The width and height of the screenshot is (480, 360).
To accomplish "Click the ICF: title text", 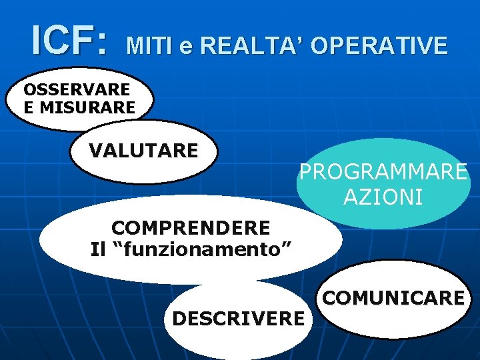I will click(68, 41).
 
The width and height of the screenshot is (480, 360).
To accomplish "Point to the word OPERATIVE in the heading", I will click(379, 45).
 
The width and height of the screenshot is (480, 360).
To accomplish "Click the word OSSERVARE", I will click(77, 89).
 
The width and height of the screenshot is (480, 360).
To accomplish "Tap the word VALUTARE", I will click(143, 150).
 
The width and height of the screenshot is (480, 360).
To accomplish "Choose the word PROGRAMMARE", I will click(383, 172).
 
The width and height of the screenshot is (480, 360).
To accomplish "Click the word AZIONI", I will click(383, 197).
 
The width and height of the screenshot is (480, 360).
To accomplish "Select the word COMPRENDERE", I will click(191, 228).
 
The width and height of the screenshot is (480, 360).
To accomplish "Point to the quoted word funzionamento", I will click(205, 250).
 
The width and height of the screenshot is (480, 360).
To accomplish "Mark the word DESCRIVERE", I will click(238, 319).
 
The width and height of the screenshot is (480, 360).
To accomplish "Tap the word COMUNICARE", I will click(393, 297).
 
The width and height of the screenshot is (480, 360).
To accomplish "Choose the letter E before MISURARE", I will click(28, 106).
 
